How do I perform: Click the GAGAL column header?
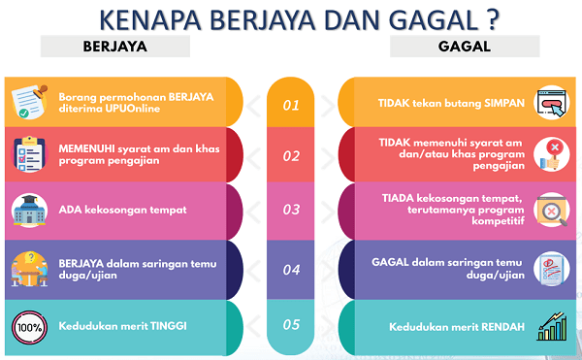point(464,45)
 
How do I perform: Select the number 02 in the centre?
point(291,155)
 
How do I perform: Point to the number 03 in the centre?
point(291,210)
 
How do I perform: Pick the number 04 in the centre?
point(291,269)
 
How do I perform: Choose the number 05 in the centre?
point(291,325)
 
